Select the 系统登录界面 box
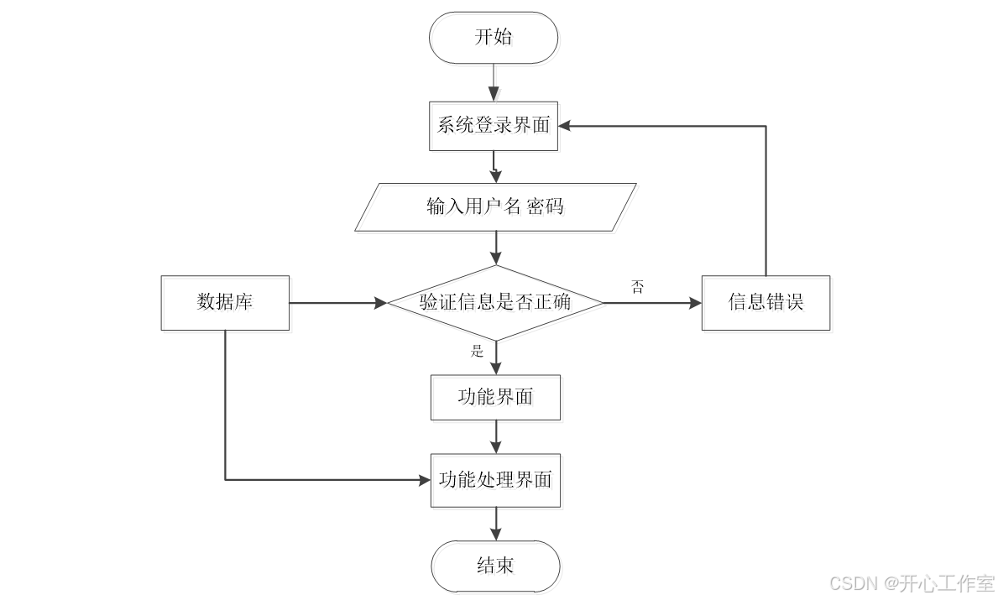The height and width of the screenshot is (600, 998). coord(494,126)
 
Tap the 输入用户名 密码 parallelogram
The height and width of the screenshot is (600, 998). coord(495,206)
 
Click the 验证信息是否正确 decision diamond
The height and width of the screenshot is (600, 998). coord(495,302)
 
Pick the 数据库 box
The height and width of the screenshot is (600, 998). coord(225,302)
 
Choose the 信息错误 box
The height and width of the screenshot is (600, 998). coord(765,302)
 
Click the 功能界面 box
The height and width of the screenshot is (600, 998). coord(495,397)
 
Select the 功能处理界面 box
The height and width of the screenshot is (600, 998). coord(495,480)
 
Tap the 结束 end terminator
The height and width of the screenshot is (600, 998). coord(495,566)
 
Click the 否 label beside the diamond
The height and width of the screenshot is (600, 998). coord(638,287)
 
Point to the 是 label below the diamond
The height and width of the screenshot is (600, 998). coord(478,352)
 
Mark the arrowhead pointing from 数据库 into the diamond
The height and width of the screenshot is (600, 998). coord(379,302)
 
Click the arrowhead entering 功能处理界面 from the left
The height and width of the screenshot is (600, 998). coord(424,480)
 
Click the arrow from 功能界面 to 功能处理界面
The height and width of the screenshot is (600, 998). coord(496,436)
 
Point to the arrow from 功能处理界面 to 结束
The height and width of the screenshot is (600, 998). coord(496,524)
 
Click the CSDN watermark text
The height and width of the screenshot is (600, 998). coord(911,583)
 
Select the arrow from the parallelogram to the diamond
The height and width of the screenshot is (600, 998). coord(496,248)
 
